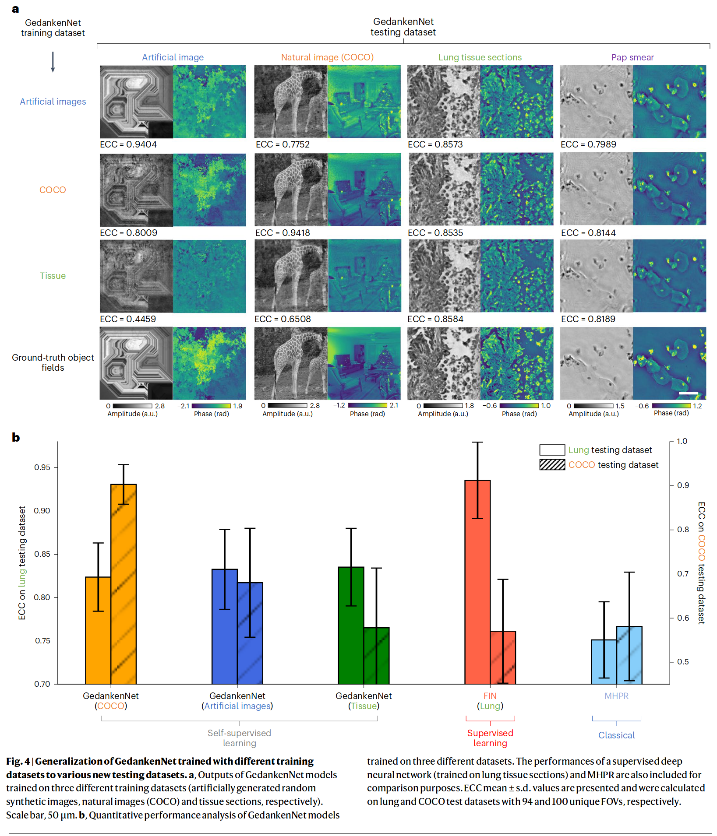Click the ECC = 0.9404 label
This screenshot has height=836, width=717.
pyautogui.click(x=128, y=145)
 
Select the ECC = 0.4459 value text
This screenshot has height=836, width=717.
pyautogui.click(x=128, y=319)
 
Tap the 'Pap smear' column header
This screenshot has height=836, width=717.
pyautogui.click(x=632, y=57)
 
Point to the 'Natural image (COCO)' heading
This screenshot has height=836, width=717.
pyautogui.click(x=327, y=57)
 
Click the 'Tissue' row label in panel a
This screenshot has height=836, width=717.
pyautogui.click(x=53, y=276)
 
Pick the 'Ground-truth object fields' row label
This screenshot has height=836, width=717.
pyautogui.click(x=53, y=362)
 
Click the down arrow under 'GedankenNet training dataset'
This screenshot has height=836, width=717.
pyautogui.click(x=53, y=62)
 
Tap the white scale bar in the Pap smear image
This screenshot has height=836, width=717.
pyautogui.click(x=688, y=393)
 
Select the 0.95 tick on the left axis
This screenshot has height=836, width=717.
pyautogui.click(x=42, y=467)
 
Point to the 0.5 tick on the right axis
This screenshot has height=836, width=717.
pyautogui.click(x=683, y=662)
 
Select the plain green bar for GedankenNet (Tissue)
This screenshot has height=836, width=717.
pyautogui.click(x=351, y=626)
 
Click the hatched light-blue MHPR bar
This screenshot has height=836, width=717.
pyautogui.click(x=629, y=655)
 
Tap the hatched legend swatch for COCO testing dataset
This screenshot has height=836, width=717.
pyautogui.click(x=552, y=465)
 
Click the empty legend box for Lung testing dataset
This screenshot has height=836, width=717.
pyautogui.click(x=552, y=450)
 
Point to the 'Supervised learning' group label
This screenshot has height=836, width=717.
pyautogui.click(x=490, y=738)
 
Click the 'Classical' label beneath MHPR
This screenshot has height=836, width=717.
pyautogui.click(x=616, y=735)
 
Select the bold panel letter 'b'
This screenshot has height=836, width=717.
pyautogui.click(x=16, y=437)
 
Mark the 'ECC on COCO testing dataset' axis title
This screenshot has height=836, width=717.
pyautogui.click(x=701, y=562)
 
